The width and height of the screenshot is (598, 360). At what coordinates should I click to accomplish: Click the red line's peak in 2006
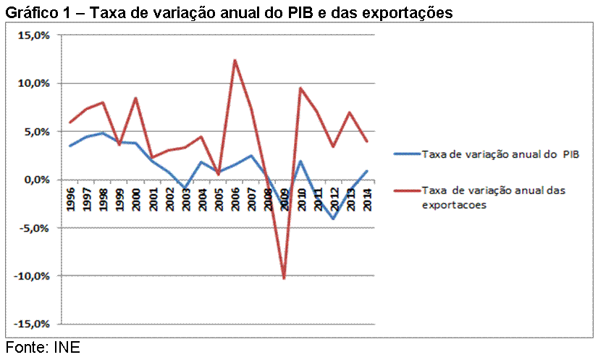coord(235,60)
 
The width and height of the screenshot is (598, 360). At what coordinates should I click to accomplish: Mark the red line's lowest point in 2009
coord(284,278)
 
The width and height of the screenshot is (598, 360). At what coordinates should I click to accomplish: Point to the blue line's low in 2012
coord(334,219)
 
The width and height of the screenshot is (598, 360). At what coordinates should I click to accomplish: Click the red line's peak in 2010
coord(300,88)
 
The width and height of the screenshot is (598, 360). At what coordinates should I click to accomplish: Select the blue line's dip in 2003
coord(185,188)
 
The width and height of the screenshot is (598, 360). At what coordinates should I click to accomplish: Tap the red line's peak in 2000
coord(136,98)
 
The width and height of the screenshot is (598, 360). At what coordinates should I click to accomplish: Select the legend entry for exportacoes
coord(492,197)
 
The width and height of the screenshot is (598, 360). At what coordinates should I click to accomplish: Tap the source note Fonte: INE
coord(42,348)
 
